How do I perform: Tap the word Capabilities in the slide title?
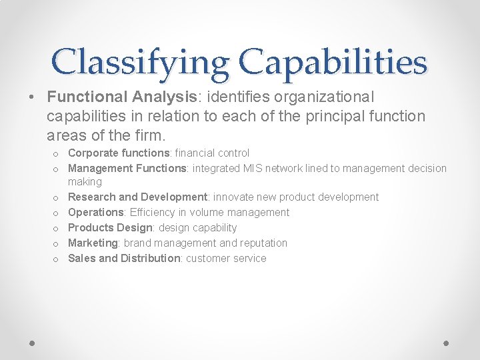click(334, 63)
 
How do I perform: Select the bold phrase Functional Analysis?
click(122, 97)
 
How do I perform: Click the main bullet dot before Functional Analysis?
click(33, 97)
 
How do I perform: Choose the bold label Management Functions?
click(127, 168)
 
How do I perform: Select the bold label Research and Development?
click(138, 197)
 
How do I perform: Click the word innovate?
click(233, 197)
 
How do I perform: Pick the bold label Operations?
click(96, 213)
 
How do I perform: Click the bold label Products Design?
click(110, 228)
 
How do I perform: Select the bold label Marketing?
click(93, 243)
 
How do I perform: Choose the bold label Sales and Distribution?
click(124, 259)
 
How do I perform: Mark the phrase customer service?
click(226, 259)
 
